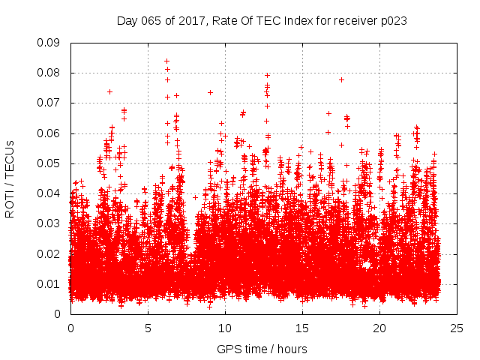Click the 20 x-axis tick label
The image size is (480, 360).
(379, 328)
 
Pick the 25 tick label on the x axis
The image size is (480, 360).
(457, 328)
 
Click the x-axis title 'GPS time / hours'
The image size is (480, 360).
(262, 349)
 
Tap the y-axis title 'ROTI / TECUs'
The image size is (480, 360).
(10, 178)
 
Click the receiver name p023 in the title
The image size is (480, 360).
(394, 21)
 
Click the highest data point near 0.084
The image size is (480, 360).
(166, 61)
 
